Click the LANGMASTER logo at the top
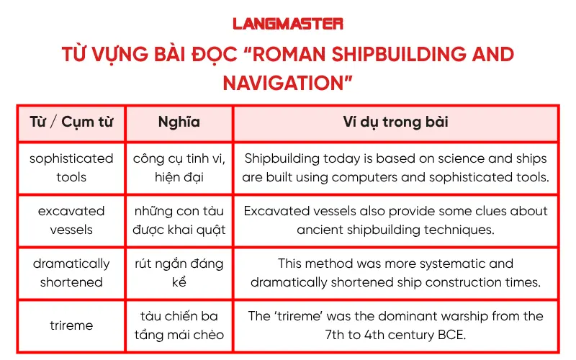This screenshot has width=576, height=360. (x=288, y=24)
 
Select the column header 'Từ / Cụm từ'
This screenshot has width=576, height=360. (x=71, y=122)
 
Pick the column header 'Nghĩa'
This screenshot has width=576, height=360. (x=179, y=122)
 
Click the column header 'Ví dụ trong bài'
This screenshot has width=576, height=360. (x=395, y=122)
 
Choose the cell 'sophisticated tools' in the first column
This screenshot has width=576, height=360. (x=71, y=167)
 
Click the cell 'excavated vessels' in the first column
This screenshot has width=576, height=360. (x=71, y=220)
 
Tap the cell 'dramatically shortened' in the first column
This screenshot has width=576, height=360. (x=71, y=273)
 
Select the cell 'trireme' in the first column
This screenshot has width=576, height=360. (x=71, y=325)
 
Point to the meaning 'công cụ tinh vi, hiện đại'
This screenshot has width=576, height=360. (x=179, y=167)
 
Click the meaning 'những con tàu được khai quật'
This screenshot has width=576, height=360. (x=179, y=220)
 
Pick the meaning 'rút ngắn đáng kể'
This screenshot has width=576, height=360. (x=179, y=273)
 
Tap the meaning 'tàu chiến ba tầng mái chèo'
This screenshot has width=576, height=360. (x=179, y=325)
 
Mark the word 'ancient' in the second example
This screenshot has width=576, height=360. (x=323, y=230)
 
